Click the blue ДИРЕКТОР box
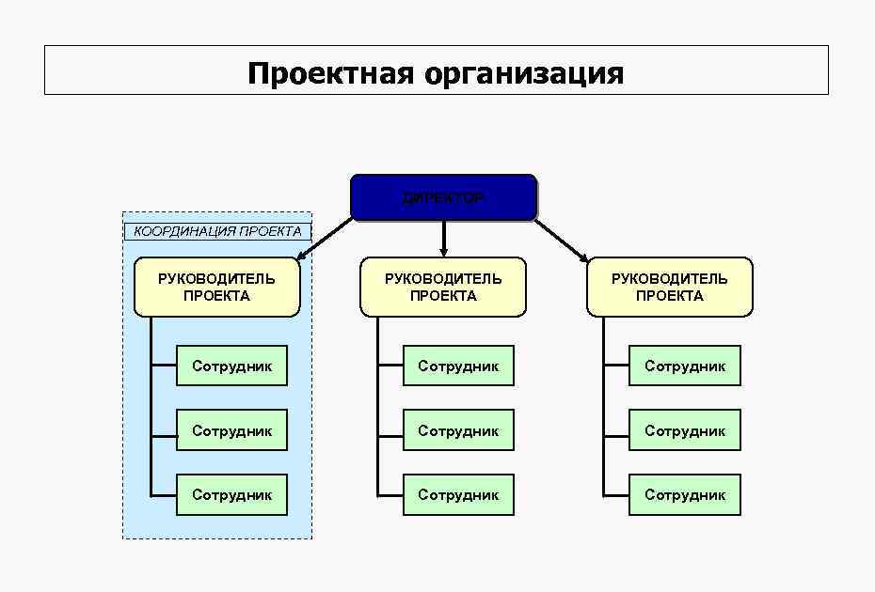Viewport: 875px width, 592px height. pos(443,197)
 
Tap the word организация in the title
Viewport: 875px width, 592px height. pos(523,72)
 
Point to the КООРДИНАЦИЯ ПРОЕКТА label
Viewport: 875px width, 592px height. pos(217,231)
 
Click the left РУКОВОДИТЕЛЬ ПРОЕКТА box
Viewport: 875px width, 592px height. pos(217,287)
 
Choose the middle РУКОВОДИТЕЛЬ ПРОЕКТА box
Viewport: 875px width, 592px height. pos(443,287)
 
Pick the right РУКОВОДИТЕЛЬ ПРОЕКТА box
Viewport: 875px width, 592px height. pos(669,287)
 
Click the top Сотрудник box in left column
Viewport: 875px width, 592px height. pos(231,366)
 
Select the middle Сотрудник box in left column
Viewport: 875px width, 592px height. pos(231,430)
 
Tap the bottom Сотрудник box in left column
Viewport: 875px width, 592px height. pos(231,494)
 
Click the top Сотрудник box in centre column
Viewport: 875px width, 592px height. pos(458,366)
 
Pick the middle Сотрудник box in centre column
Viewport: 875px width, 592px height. pos(458,430)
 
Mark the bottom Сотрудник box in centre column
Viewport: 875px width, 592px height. pos(458,494)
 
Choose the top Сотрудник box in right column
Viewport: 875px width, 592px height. pos(685,366)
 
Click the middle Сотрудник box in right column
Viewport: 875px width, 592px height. pos(685,430)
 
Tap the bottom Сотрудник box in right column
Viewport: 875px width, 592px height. pos(685,494)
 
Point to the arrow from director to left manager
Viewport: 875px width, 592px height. pos(325,239)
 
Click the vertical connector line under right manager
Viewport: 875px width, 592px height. pos(604,404)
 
